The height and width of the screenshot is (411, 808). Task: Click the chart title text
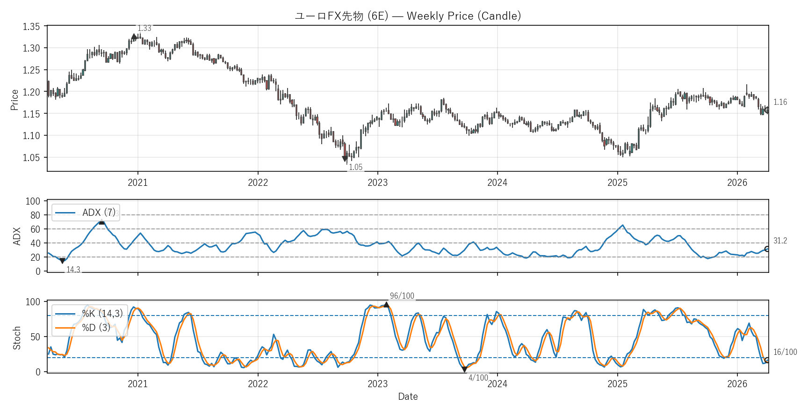pyautogui.click(x=408, y=16)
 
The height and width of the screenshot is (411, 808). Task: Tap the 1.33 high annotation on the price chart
pyautogui.click(x=144, y=29)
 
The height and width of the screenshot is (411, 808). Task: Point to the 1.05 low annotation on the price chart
pyautogui.click(x=355, y=167)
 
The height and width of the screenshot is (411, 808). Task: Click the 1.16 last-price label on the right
pyautogui.click(x=780, y=102)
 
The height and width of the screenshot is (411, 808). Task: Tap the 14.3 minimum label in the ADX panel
pyautogui.click(x=73, y=270)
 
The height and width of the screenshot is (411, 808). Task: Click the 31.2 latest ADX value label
pyautogui.click(x=780, y=241)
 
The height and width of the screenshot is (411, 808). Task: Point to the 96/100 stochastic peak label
pyautogui.click(x=402, y=296)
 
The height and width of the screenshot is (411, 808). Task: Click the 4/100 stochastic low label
pyautogui.click(x=478, y=378)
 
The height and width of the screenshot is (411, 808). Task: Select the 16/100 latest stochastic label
pyautogui.click(x=785, y=352)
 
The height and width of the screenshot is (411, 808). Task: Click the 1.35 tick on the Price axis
pyautogui.click(x=31, y=27)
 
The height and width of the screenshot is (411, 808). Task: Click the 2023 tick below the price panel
pyautogui.click(x=377, y=183)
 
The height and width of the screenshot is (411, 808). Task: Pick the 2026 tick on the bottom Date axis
pyautogui.click(x=737, y=384)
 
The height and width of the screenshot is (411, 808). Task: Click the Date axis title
pyautogui.click(x=408, y=396)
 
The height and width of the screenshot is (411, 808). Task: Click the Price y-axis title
pyautogui.click(x=14, y=100)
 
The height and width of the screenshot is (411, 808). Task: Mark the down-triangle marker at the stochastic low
pyautogui.click(x=464, y=369)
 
